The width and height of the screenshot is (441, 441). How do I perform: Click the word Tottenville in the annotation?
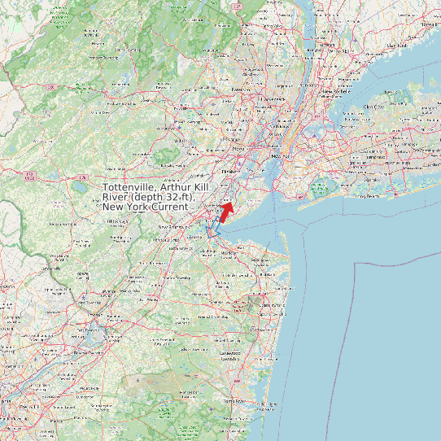point(130,188)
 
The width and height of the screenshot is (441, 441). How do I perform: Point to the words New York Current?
point(144,207)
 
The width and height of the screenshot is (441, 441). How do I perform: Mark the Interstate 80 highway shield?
point(50,86)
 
